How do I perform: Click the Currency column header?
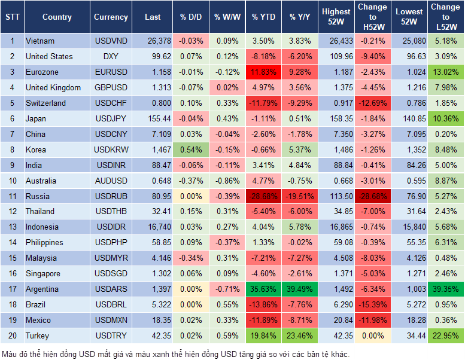coord(111,17)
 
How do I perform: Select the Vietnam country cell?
coord(40,41)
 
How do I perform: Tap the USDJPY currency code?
coord(111,119)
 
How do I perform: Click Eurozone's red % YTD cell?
coord(263,72)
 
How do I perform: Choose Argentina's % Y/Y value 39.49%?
coord(301,289)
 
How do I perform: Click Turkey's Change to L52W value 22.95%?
coord(445,336)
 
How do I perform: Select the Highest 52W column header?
coord(336,17)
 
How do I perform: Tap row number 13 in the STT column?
coord(11,227)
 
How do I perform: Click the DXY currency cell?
coord(111,57)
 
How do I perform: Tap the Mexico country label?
coord(38,321)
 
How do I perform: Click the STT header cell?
coord(11,17)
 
